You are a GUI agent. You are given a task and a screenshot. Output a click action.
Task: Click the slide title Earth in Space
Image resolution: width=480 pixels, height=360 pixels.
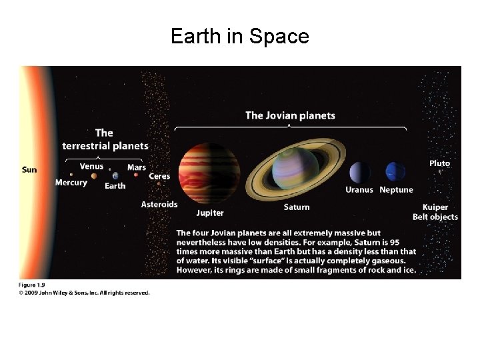pos(240,36)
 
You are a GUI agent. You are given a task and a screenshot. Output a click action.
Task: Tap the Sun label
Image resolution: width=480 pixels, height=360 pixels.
pos(29,170)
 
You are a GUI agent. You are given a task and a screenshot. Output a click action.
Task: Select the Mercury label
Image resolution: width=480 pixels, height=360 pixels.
pos(71,183)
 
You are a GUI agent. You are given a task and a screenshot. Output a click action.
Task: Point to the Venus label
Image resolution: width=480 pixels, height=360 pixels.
pos(91,166)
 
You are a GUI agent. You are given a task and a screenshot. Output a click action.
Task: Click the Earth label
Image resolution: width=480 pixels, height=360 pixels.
pos(115,186)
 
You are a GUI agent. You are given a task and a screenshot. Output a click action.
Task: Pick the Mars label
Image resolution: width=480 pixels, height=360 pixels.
pos(137,167)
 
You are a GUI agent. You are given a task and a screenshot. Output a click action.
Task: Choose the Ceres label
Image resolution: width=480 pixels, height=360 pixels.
pos(159,176)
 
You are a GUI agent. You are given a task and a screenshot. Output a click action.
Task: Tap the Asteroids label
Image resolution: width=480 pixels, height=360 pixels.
pos(159,204)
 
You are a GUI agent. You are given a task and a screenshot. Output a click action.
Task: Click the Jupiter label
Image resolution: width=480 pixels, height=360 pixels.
pos(210,213)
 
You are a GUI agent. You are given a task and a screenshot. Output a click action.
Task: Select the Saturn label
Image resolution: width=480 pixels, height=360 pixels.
pos(297,207)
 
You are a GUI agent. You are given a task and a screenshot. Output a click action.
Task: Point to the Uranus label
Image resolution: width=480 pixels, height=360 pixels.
pos(359,190)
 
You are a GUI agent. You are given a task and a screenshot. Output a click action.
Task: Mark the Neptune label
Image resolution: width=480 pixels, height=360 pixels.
pos(396,190)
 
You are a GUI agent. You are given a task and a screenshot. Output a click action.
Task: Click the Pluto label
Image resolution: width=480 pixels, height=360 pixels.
pos(439,163)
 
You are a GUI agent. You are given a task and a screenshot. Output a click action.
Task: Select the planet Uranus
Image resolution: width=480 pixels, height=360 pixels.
pos(360,172)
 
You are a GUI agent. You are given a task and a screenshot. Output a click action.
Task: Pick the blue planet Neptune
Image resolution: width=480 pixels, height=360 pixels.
pos(395,172)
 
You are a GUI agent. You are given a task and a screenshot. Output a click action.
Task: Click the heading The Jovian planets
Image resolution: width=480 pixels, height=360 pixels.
pos(291,115)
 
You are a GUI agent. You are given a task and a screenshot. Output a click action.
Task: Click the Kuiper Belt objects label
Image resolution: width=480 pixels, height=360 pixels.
pos(435,212)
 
